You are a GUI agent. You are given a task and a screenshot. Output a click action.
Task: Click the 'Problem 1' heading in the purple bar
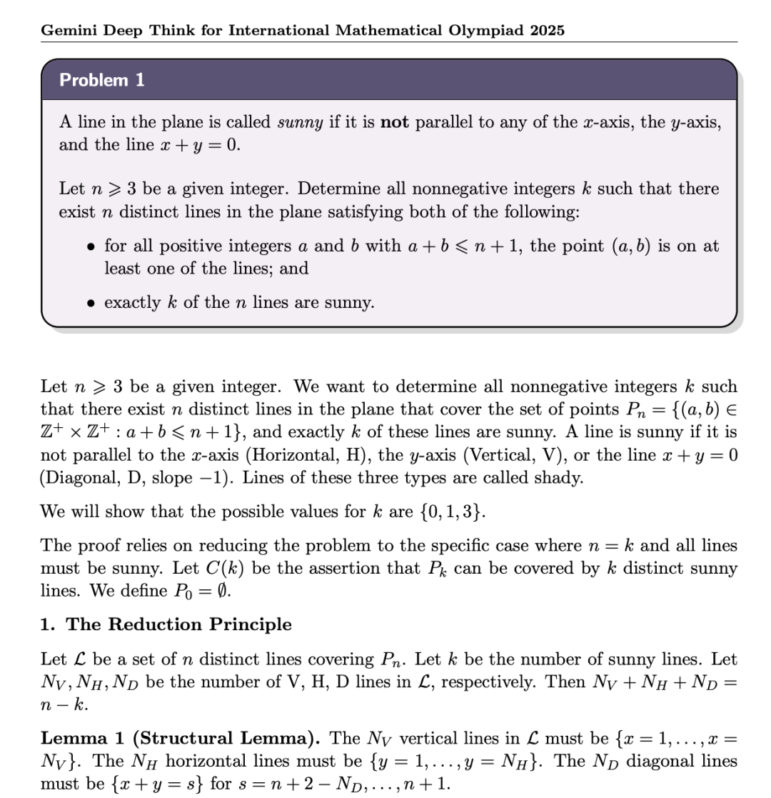(102, 80)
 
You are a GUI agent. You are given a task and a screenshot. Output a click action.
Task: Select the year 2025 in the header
(546, 30)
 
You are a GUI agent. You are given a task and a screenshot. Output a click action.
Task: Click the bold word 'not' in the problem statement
(395, 121)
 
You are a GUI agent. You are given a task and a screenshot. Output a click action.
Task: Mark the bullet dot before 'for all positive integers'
(91, 246)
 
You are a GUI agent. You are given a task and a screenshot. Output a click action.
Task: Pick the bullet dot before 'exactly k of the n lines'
(91, 303)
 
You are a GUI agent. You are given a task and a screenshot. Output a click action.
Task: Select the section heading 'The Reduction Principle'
(178, 624)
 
